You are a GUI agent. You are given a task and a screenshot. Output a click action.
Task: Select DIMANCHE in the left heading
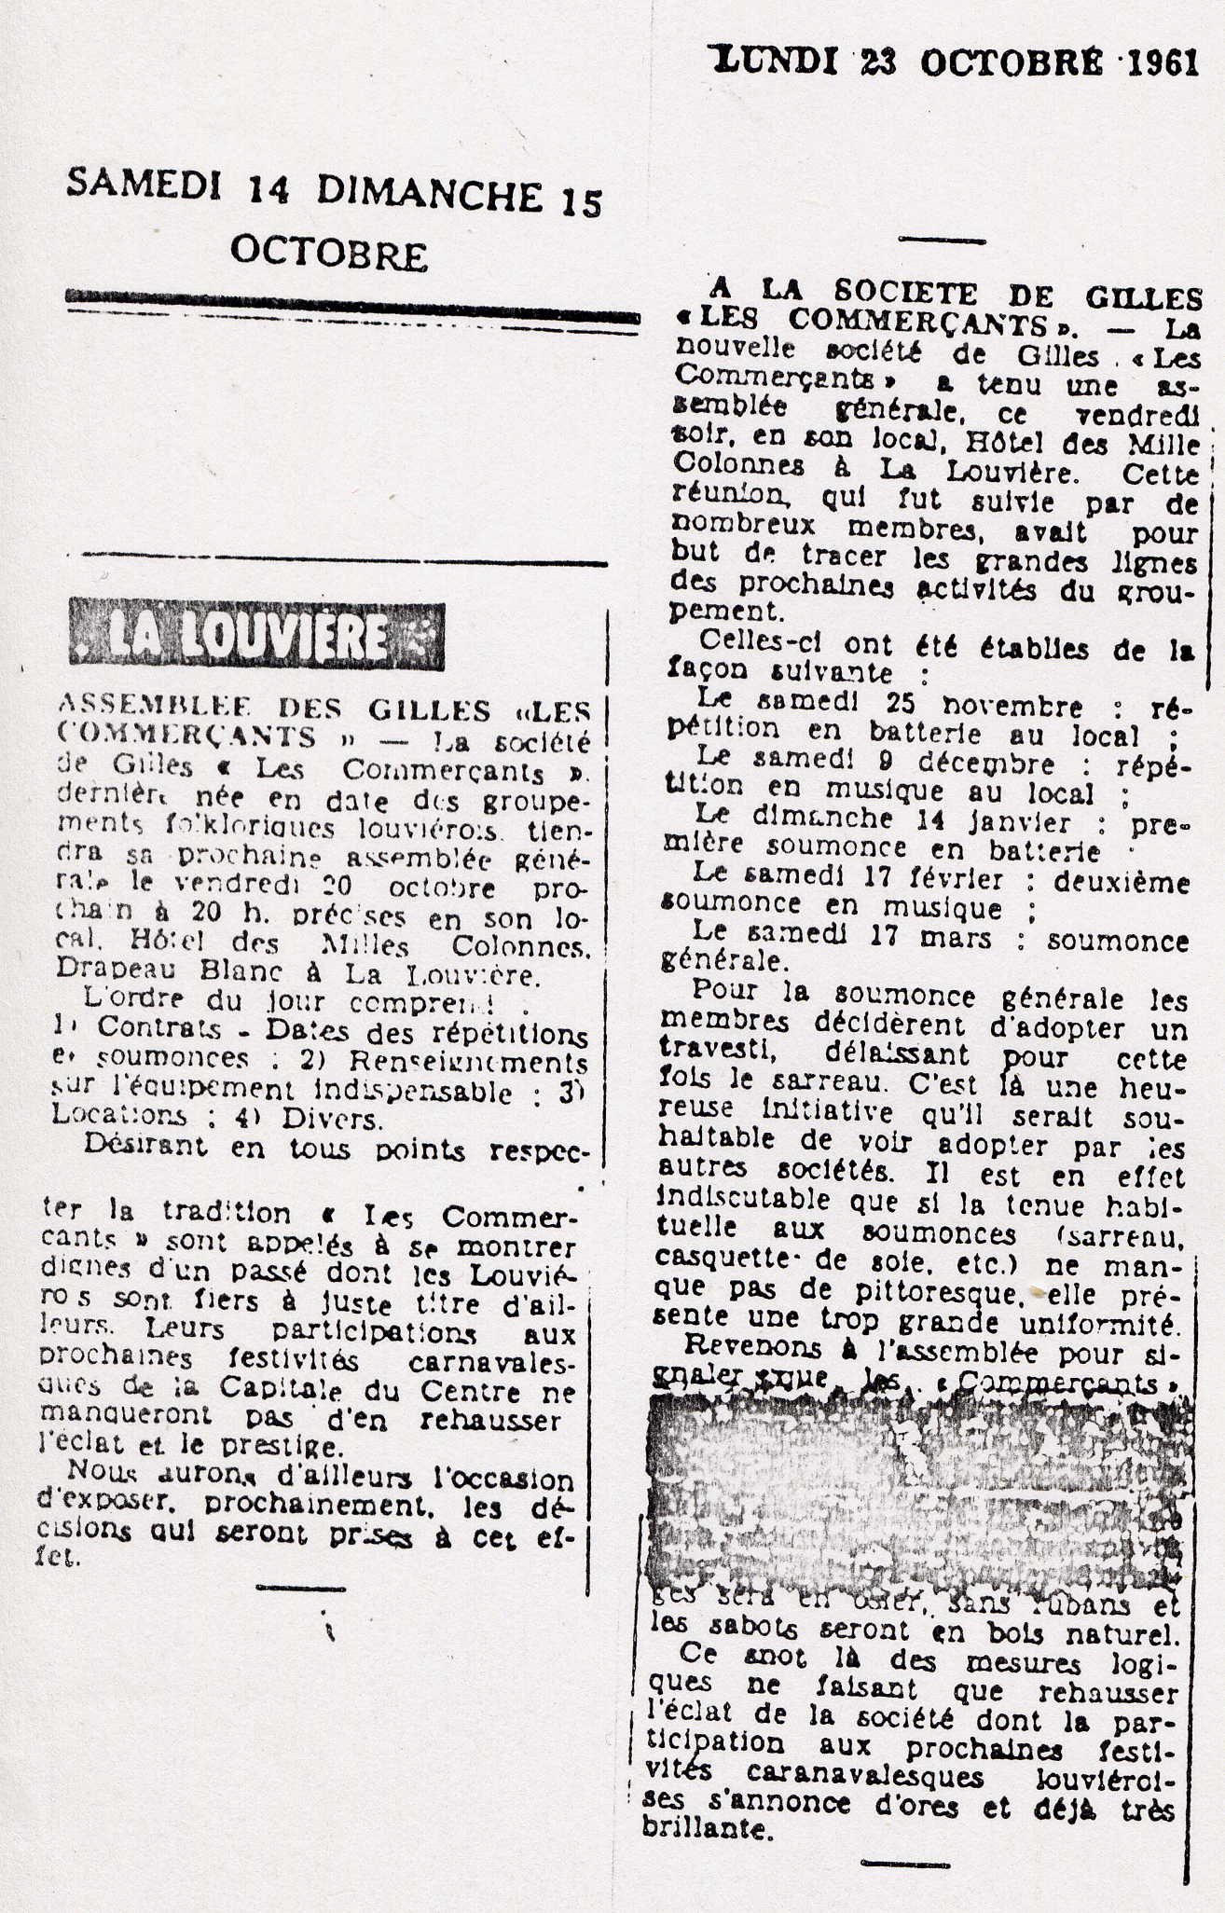(429, 194)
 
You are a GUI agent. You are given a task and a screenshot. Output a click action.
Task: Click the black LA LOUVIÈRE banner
(256, 638)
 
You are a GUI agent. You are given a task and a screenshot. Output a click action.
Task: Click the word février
(960, 879)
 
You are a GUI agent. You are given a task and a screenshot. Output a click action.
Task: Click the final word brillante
(708, 1829)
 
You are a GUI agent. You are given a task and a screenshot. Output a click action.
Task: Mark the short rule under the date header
(942, 241)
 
